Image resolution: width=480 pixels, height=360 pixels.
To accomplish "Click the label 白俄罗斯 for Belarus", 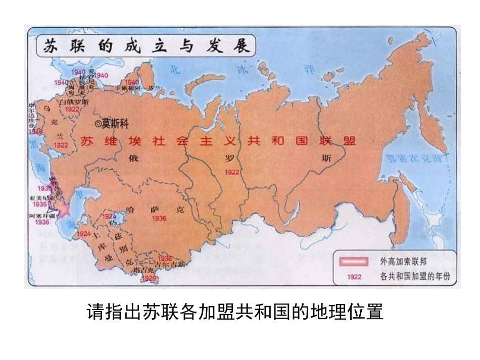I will tap(74, 102).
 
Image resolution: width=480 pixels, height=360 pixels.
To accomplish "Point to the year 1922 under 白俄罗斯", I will tap(72, 109).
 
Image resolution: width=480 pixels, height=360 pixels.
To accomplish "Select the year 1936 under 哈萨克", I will tap(159, 218).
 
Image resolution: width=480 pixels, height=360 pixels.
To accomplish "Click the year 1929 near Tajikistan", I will tap(149, 278).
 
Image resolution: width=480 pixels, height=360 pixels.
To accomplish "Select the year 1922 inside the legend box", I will tap(354, 277).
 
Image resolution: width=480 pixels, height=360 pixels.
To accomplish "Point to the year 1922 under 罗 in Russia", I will tap(232, 172).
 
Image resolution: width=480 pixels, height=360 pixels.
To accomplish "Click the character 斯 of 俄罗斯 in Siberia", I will tap(327, 158).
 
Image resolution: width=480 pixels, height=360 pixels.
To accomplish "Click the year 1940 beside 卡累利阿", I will tap(131, 82).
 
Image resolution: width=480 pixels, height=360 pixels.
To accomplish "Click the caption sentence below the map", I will tap(235, 312).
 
